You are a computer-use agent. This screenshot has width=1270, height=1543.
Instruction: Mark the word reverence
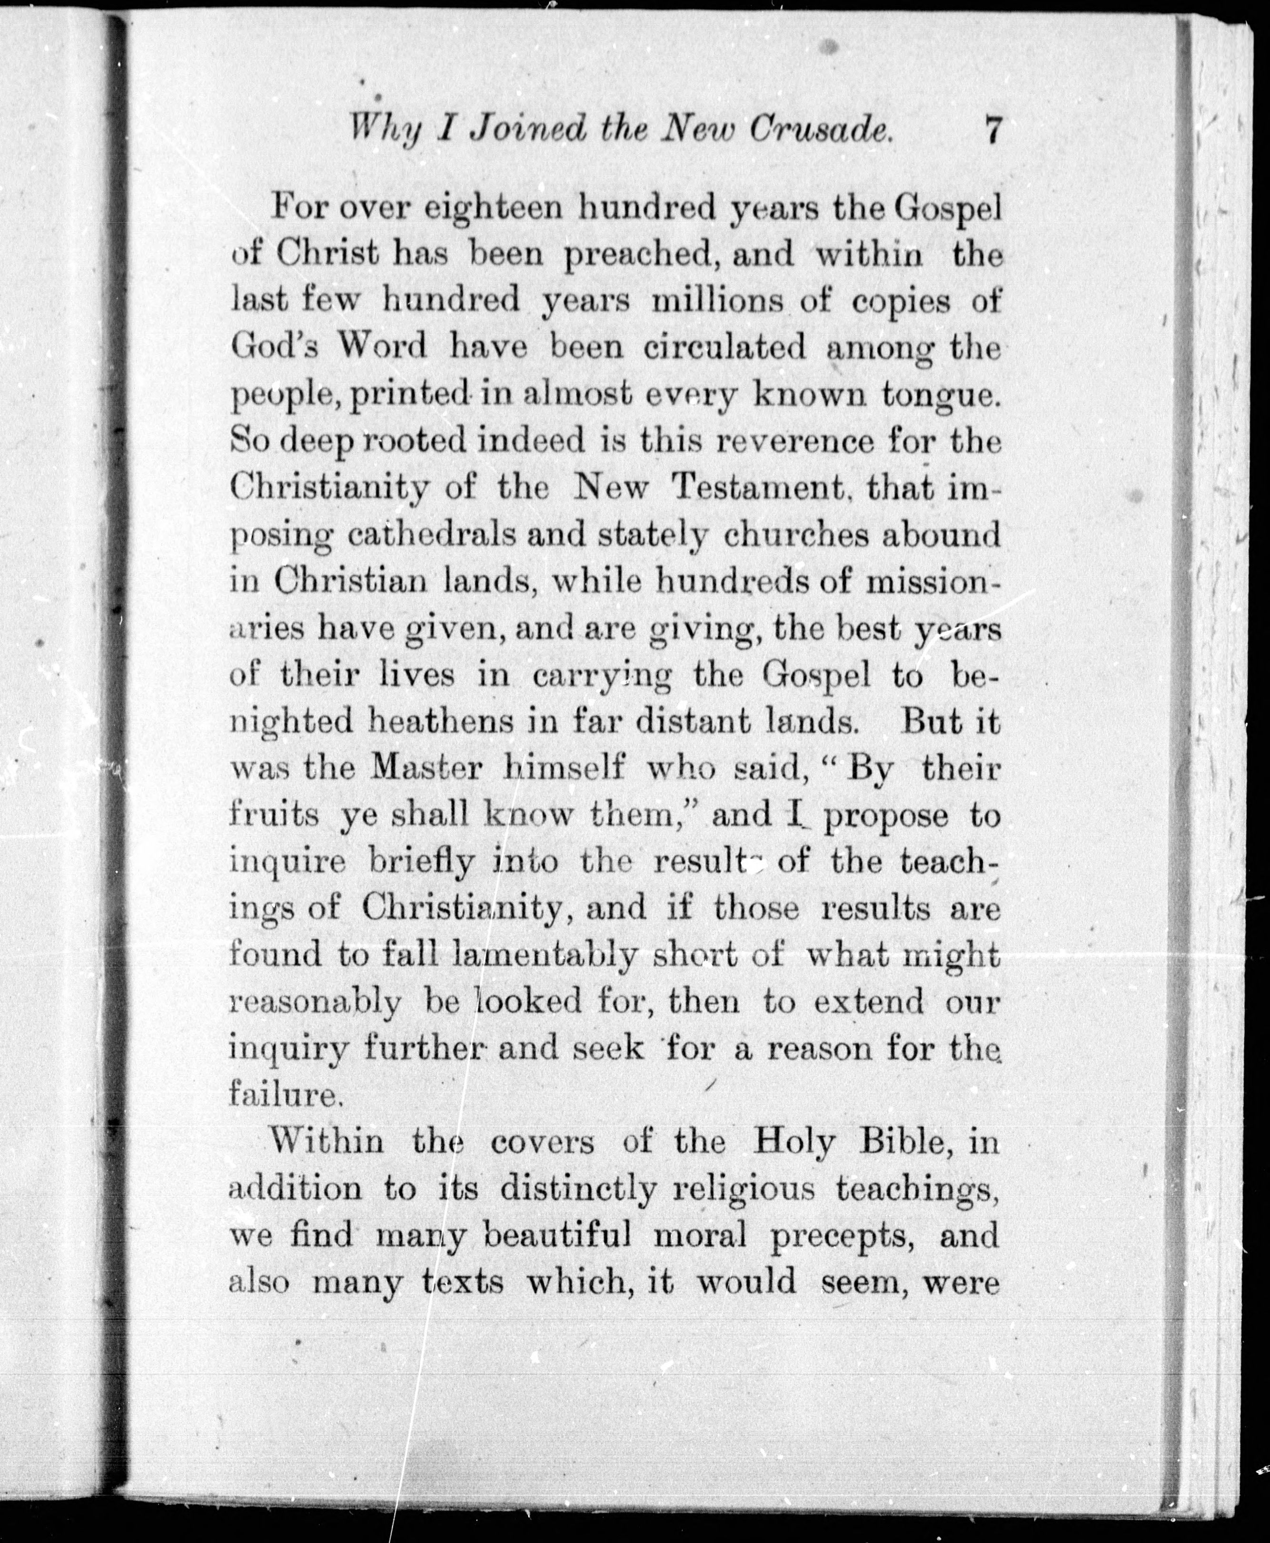coord(784,442)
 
